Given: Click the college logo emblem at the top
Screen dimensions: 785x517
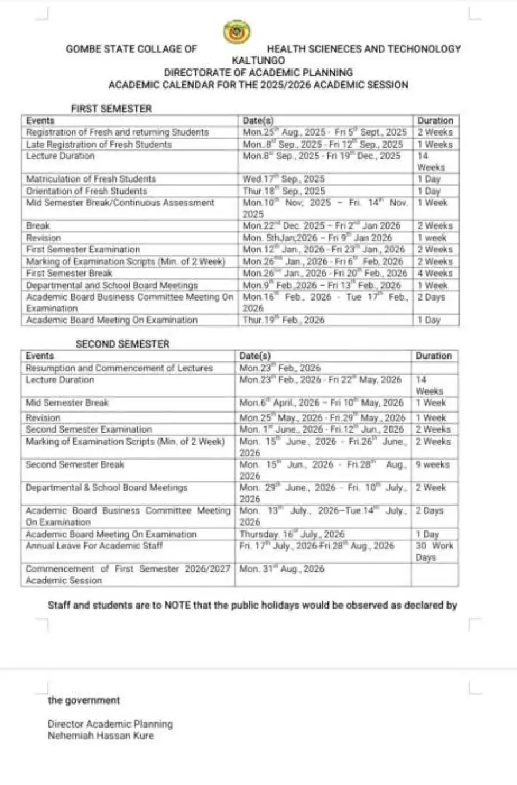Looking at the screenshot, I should (x=237, y=33).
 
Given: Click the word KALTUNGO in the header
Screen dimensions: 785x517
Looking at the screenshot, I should (x=258, y=60).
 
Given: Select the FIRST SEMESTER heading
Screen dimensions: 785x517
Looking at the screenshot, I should (x=111, y=109).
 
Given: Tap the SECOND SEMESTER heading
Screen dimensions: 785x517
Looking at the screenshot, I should (x=123, y=344).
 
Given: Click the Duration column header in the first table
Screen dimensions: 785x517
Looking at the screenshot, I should (x=435, y=121).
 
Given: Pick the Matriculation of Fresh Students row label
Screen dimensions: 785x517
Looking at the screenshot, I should (x=91, y=179).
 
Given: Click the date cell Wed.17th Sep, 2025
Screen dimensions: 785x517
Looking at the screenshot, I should (x=283, y=179).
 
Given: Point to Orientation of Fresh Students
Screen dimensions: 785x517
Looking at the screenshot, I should (x=87, y=191).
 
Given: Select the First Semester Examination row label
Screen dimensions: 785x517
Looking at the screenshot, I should (x=83, y=249).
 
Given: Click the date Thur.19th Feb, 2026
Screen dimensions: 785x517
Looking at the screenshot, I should (x=283, y=320).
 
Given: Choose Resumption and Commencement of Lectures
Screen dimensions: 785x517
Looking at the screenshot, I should (x=119, y=368).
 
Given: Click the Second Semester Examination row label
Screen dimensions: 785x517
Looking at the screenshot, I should (x=88, y=429).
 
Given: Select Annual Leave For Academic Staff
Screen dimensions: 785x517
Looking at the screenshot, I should (x=94, y=546).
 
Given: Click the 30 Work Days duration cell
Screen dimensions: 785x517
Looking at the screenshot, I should (x=434, y=552).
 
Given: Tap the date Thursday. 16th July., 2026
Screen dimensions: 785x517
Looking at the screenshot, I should (x=292, y=534).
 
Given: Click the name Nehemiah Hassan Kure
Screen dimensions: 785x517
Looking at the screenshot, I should (x=101, y=736).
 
